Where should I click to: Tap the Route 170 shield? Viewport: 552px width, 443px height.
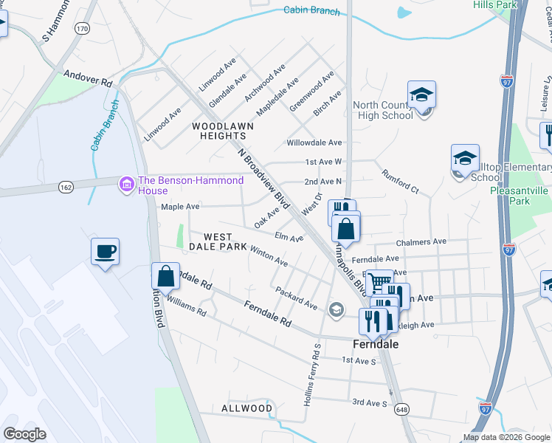[x=82, y=29]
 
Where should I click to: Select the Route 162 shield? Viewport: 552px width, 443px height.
[x=66, y=188]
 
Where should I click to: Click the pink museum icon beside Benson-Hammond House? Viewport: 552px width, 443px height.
[x=127, y=182]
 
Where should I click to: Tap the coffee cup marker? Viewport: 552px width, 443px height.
[x=105, y=252]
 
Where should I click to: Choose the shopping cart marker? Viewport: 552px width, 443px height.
[x=379, y=282]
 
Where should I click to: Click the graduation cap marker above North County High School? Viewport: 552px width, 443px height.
[x=421, y=95]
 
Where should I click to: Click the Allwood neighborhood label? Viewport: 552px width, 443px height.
[x=246, y=408]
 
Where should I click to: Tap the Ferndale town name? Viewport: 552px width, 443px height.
[x=376, y=345]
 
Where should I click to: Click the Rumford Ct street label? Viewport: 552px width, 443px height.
[x=400, y=182]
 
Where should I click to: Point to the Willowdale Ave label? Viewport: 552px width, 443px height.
[x=314, y=142]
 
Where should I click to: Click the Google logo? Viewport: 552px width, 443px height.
[x=24, y=434]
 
